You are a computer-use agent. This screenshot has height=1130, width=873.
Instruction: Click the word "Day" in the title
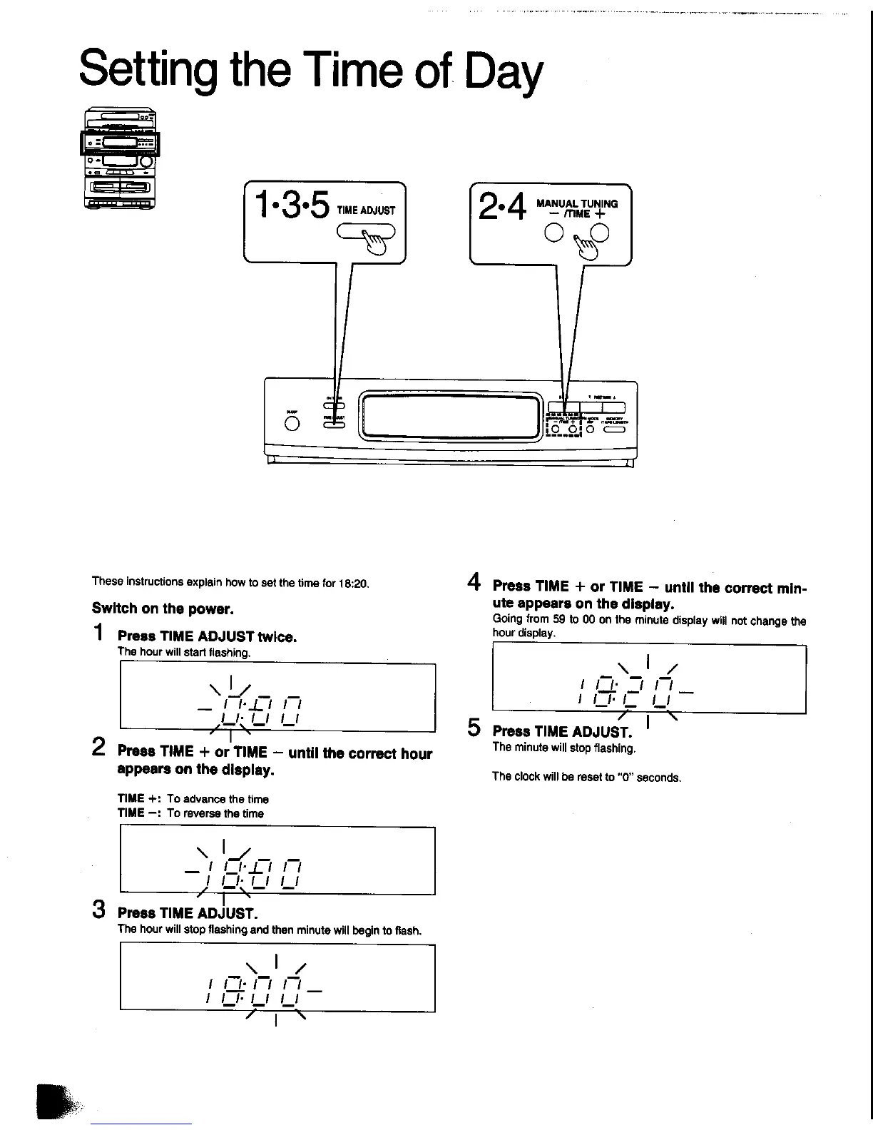click(504, 73)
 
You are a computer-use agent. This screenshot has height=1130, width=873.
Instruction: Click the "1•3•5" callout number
click(292, 205)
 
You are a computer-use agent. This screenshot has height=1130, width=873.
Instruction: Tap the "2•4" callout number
click(502, 208)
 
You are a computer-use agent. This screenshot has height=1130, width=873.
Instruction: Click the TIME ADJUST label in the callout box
click(366, 210)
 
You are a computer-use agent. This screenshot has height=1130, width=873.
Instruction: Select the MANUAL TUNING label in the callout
click(577, 203)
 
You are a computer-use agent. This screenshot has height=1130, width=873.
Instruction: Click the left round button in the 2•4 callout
click(553, 233)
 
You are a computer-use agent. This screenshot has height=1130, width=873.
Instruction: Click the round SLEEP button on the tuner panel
click(292, 424)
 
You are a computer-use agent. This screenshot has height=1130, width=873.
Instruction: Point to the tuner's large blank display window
click(450, 417)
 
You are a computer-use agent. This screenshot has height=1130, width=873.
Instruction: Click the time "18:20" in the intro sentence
click(353, 583)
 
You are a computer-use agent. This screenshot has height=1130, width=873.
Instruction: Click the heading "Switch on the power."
click(163, 609)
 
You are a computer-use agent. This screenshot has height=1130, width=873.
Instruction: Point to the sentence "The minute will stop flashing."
click(563, 748)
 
